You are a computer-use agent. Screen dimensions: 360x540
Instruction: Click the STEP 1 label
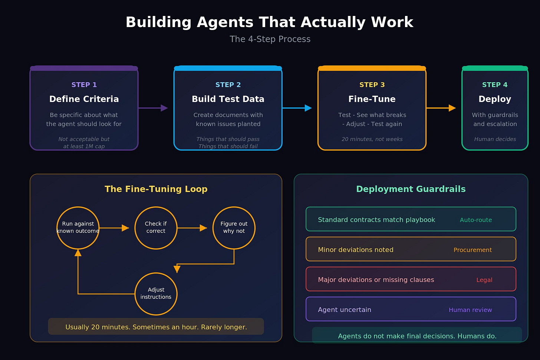click(x=84, y=85)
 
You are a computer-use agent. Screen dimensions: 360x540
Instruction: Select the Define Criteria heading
click(x=84, y=99)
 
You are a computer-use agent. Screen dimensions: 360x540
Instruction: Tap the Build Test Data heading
click(x=228, y=99)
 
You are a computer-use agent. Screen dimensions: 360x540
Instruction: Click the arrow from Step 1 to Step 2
click(x=153, y=108)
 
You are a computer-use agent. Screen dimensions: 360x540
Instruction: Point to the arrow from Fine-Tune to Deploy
click(x=441, y=108)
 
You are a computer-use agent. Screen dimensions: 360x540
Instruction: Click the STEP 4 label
click(x=494, y=85)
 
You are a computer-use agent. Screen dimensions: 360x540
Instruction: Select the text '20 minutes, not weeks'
click(x=372, y=139)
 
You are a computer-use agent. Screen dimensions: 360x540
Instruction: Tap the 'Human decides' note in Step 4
click(x=495, y=139)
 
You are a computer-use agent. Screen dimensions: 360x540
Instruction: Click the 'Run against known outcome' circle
click(x=78, y=228)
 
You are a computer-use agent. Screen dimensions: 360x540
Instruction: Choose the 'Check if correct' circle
click(x=156, y=228)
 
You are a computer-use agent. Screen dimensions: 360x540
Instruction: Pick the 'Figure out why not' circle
click(x=234, y=228)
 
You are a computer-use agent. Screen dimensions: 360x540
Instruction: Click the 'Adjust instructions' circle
click(x=156, y=294)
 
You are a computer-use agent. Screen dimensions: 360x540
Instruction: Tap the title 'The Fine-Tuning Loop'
click(x=156, y=189)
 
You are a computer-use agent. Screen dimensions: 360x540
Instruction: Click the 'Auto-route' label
click(x=475, y=220)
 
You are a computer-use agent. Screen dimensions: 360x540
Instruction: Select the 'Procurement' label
click(x=472, y=250)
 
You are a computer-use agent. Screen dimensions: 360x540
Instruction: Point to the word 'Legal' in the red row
click(x=484, y=280)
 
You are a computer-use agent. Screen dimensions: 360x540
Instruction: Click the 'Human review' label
click(x=470, y=310)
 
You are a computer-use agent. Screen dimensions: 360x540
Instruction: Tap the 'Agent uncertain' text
click(x=344, y=310)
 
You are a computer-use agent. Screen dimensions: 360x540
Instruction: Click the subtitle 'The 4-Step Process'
click(x=270, y=39)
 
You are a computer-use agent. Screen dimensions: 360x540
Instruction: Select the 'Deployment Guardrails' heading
click(x=411, y=189)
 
